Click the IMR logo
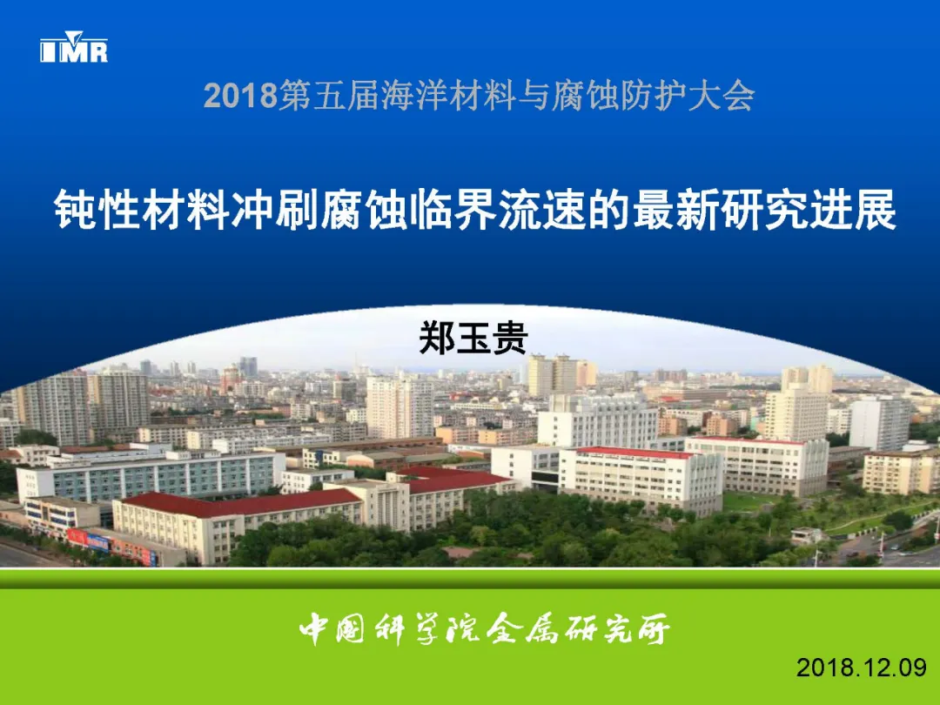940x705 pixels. click(x=74, y=47)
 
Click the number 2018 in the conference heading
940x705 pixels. click(x=240, y=96)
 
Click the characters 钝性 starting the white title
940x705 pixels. click(x=97, y=210)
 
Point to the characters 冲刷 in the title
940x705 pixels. click(x=275, y=210)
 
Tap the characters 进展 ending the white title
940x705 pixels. click(x=852, y=210)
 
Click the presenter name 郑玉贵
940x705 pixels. click(x=473, y=338)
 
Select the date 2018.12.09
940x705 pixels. click(x=862, y=667)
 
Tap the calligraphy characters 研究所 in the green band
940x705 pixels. click(x=617, y=629)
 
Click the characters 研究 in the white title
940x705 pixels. click(x=764, y=210)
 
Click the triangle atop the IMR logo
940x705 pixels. click(x=73, y=36)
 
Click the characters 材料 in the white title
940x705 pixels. click(x=186, y=210)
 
